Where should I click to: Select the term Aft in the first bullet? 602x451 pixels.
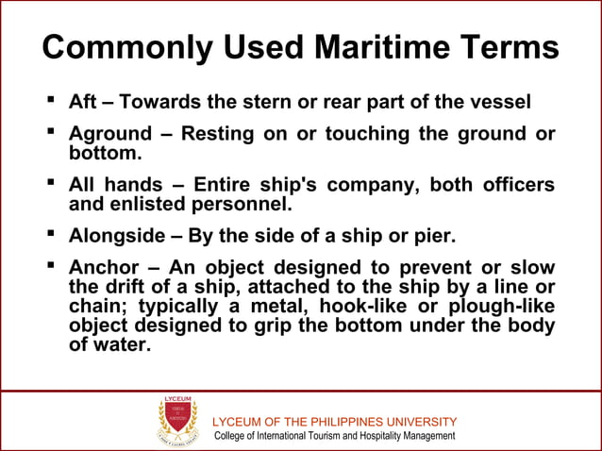tap(82, 101)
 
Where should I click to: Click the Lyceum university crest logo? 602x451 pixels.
tap(177, 420)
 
